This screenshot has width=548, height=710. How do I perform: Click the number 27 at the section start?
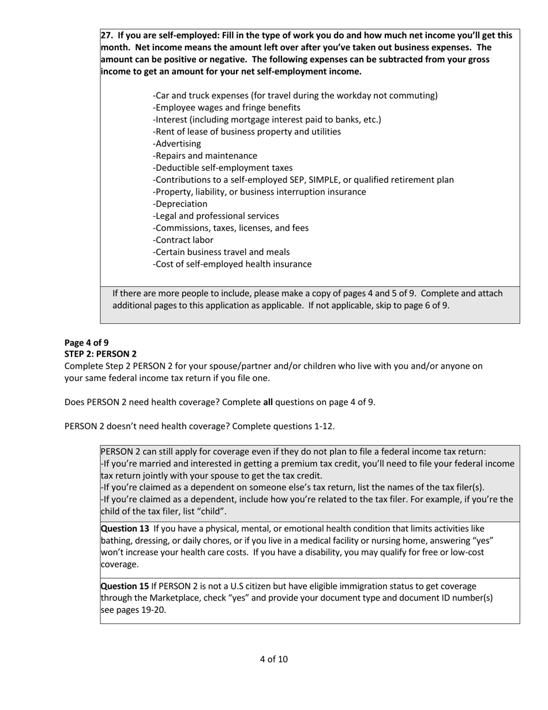point(107,35)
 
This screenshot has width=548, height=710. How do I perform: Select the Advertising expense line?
point(177,144)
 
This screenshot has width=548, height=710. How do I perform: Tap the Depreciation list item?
point(180,204)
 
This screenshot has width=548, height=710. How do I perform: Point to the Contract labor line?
point(183,240)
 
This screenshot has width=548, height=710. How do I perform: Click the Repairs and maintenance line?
point(205,156)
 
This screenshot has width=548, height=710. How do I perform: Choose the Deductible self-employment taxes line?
point(223,168)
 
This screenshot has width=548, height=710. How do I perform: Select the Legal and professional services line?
point(216,216)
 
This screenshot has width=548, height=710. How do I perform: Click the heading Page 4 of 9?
point(87,342)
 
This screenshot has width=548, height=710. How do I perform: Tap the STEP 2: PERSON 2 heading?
point(100,354)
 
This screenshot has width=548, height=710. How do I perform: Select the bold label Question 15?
point(125,586)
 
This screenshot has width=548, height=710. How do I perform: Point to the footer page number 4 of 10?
point(273,659)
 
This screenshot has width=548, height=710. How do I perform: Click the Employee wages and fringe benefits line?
point(227,108)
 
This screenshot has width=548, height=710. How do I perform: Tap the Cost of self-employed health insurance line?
point(232,264)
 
